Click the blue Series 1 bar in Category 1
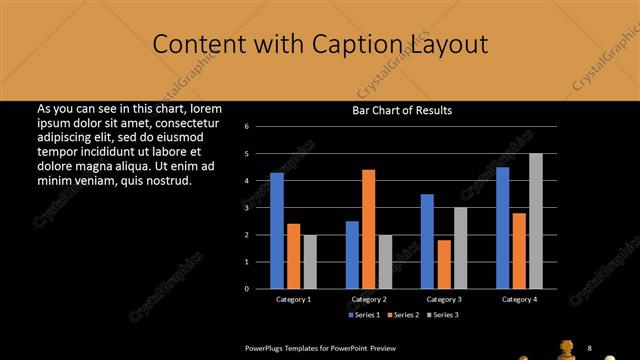[x=277, y=231]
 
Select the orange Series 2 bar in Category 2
[x=368, y=229]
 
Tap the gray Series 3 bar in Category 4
[x=536, y=221]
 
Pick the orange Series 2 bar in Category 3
[x=444, y=264]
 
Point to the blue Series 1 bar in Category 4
[x=502, y=228]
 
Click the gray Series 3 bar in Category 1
[x=310, y=262]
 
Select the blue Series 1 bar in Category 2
[x=352, y=255]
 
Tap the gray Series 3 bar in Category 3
[x=460, y=248]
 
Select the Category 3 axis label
[x=444, y=299]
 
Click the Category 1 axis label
[x=294, y=299]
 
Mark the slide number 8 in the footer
[x=590, y=347]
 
